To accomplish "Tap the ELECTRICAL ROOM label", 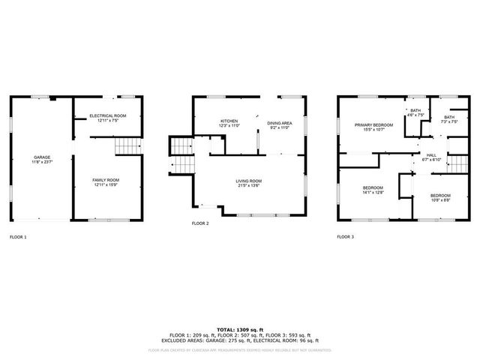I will pos(108,115).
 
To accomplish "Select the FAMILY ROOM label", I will pos(106,180).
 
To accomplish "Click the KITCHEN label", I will pos(229,121).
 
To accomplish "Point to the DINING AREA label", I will pos(279,122).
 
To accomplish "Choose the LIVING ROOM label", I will pos(249,180).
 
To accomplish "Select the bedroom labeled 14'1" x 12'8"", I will pos(373,187).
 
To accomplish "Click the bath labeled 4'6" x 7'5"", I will pos(415,111).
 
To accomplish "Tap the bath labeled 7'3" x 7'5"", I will pos(448,117).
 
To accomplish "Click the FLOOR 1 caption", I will pos(18,237).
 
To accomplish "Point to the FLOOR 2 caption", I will pos(200,223).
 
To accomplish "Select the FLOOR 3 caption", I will pos(345,237).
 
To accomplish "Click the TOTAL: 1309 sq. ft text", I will pos(239,330).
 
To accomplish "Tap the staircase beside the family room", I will pos(127,146).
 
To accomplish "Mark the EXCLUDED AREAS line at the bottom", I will pos(239,341).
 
